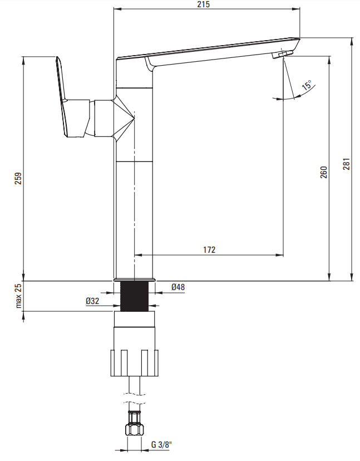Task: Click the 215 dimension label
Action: (204, 4)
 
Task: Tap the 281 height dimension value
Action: (347, 164)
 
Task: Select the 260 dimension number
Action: (324, 172)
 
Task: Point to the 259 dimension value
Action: (18, 178)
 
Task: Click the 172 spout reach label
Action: (209, 249)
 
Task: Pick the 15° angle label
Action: (307, 85)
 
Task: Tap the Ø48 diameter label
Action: (178, 287)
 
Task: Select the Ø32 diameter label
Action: (92, 301)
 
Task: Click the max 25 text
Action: (18, 296)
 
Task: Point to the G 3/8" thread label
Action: (161, 444)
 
